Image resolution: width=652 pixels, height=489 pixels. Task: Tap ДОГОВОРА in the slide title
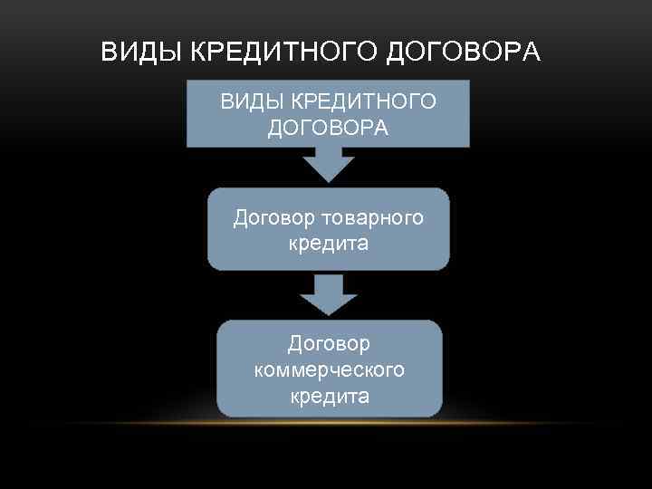[x=464, y=53]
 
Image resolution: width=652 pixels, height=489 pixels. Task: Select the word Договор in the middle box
[x=270, y=218]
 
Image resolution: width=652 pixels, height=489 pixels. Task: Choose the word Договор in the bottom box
[x=329, y=344]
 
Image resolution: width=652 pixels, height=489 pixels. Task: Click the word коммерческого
[x=329, y=369]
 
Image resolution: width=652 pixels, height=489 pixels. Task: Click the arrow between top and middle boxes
[x=329, y=164]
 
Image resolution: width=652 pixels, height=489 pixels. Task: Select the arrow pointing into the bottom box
[x=329, y=296]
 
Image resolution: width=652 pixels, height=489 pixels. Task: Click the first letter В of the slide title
[x=109, y=53]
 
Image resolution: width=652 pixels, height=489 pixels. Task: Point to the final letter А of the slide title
[x=532, y=53]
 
